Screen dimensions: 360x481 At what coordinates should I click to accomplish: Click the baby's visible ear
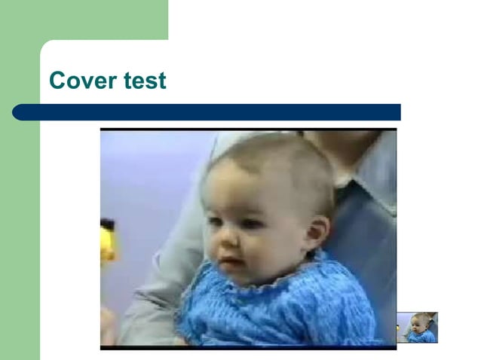[x=317, y=233]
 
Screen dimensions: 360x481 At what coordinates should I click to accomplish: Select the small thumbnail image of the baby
[x=417, y=328]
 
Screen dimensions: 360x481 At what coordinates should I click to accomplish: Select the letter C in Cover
[x=57, y=81]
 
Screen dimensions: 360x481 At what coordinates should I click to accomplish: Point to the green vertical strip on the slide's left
[x=19, y=226]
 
